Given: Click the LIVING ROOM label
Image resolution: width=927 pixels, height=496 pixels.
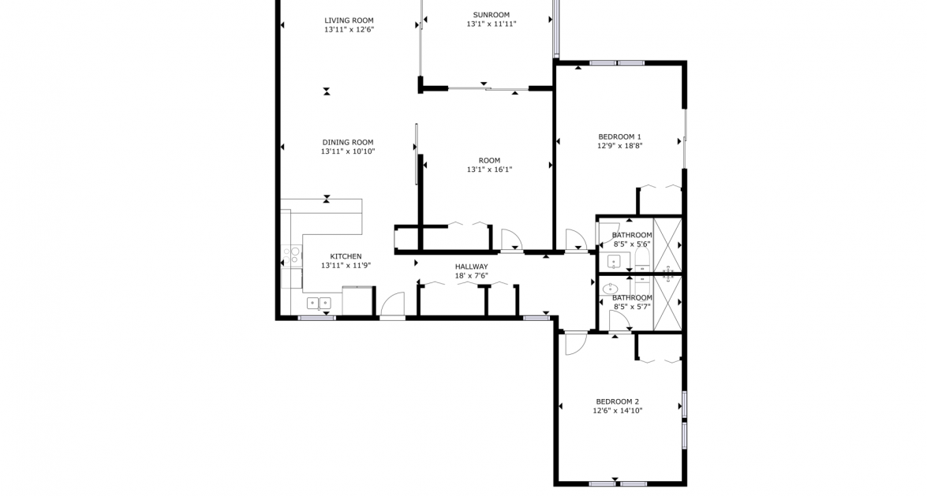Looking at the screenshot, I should (x=349, y=21).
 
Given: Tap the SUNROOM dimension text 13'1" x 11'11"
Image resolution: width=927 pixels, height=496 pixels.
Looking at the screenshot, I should (x=491, y=24).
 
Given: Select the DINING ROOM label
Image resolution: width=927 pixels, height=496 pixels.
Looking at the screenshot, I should (x=347, y=143).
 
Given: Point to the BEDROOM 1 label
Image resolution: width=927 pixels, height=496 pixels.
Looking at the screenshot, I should (x=619, y=136).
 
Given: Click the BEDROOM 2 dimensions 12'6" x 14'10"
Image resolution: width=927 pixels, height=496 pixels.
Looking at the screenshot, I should (x=618, y=411).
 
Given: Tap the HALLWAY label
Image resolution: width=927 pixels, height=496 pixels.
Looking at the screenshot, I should (x=471, y=267).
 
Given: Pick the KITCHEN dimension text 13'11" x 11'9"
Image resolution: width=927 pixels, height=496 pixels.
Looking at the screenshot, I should (x=346, y=266).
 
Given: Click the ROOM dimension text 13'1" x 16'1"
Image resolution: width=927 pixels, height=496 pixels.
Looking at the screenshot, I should (x=489, y=170).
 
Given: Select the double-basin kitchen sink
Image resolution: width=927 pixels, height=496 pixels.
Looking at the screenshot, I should (x=319, y=303).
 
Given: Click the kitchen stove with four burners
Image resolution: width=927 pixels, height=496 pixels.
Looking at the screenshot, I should (x=292, y=255).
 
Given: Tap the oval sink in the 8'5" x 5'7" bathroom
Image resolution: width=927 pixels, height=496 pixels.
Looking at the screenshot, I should (x=610, y=289).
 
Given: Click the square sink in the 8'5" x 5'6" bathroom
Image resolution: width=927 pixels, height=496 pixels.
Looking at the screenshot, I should (x=614, y=261).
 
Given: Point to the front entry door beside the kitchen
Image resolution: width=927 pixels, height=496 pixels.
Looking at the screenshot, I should (x=392, y=306).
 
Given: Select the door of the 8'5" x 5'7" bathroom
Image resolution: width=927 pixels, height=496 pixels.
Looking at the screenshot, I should (x=619, y=321).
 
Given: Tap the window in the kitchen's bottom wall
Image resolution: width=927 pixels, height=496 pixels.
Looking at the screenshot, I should (x=316, y=318).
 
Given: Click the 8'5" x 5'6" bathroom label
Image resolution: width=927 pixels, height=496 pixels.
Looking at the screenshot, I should (x=632, y=235).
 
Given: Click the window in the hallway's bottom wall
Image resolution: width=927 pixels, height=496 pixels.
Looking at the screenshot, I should (x=536, y=318).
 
